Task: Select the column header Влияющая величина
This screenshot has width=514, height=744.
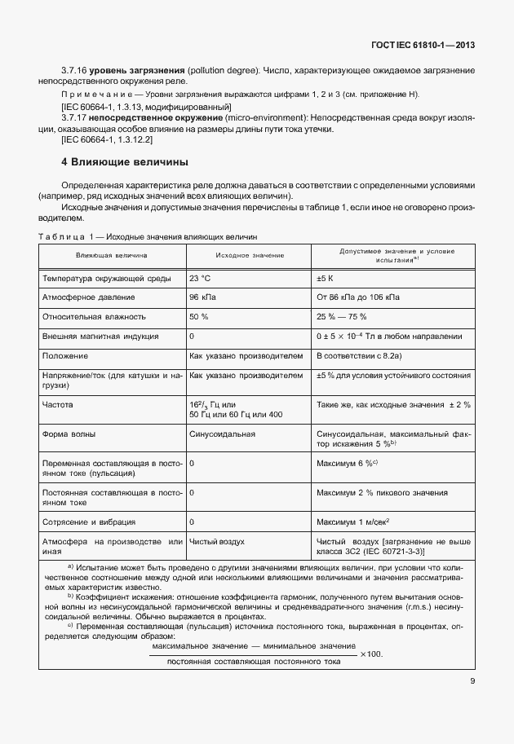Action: point(112,255)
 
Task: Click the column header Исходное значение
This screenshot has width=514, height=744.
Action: point(250,255)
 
